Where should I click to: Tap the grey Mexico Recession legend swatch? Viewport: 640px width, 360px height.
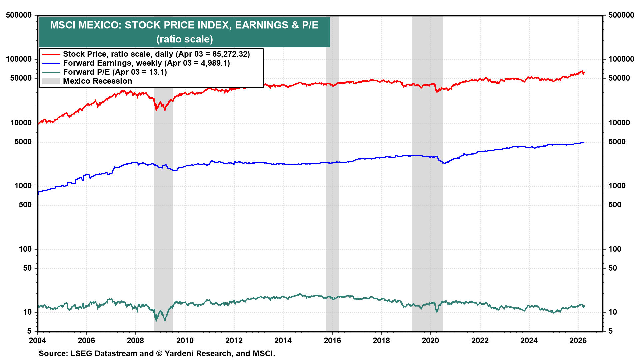(51, 81)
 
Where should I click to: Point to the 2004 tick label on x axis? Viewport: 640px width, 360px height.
(37, 340)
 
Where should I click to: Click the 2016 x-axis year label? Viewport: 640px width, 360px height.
(332, 340)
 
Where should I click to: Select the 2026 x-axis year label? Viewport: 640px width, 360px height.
(578, 340)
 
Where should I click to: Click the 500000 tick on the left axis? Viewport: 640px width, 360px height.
(19, 15)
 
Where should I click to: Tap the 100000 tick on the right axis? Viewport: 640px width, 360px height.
(621, 59)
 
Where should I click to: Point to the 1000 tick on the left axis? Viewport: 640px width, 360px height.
(23, 186)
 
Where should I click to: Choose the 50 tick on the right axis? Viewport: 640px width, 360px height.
(613, 268)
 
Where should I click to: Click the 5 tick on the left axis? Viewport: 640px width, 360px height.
(29, 331)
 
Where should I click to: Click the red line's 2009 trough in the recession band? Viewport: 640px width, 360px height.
(156, 109)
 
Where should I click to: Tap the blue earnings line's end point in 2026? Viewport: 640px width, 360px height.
(584, 142)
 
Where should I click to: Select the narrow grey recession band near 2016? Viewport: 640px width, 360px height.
(332, 200)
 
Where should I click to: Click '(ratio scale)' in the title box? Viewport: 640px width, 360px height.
(184, 39)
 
